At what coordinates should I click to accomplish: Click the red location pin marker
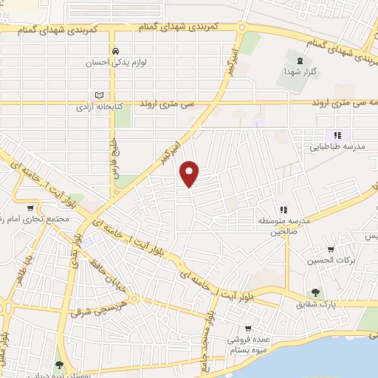point(190,173)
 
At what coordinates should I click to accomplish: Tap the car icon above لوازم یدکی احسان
point(116,50)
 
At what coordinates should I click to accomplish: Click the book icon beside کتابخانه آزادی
point(97,95)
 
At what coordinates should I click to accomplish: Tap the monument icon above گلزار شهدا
point(299,61)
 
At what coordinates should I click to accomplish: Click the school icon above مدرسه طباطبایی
point(337,135)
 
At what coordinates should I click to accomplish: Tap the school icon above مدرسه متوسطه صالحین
point(282,210)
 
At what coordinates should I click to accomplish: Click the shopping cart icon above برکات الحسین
point(331,249)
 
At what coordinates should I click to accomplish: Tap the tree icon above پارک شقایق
point(317,292)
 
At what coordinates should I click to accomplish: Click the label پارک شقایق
point(317,304)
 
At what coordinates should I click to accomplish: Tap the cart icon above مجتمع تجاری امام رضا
point(30,209)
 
